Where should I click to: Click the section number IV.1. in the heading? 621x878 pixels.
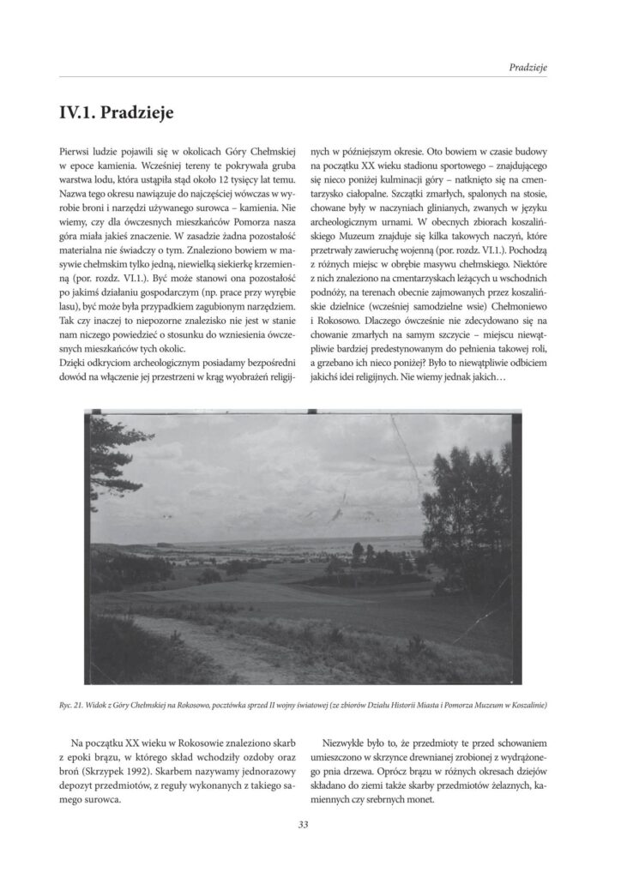pos(79,111)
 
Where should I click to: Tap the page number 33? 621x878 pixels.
pos(304,825)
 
